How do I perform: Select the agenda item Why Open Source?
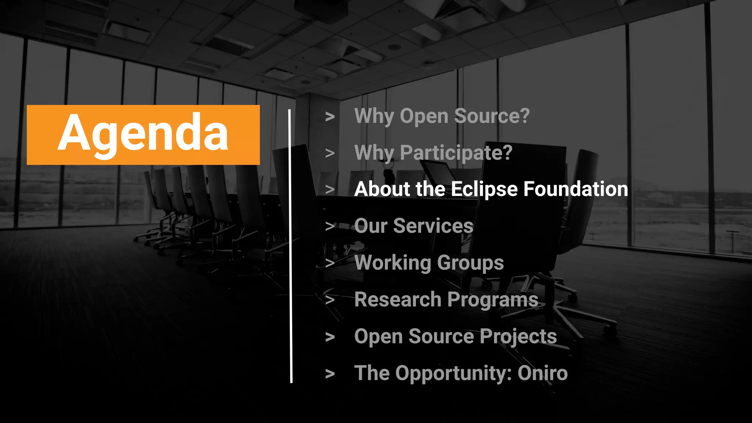pos(442,116)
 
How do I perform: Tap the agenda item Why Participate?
pos(433,153)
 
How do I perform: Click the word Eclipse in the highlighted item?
pos(484,189)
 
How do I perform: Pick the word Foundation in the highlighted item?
pos(575,189)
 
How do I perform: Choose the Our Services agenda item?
pos(414,226)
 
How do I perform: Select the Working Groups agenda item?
pos(429,263)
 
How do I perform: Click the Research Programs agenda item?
pos(446,300)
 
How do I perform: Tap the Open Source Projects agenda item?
pos(455,336)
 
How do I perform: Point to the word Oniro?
pos(542,373)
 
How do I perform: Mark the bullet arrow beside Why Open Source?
pos(330,117)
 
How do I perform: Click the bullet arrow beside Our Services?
pos(330,226)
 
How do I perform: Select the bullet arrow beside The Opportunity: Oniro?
pos(330,374)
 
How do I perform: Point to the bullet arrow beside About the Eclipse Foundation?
pos(330,189)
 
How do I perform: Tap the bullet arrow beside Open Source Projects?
pos(330,337)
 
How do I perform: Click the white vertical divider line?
pos(290,246)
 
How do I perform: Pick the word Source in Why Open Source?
pos(492,116)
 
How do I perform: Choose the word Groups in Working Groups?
pos(470,263)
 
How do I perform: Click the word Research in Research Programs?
pos(398,300)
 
